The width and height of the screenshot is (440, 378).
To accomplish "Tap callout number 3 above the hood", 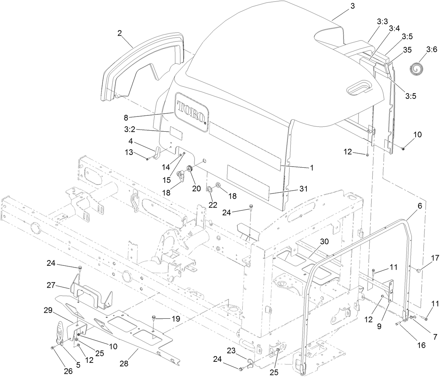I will tap(353, 6).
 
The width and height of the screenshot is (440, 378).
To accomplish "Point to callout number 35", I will tap(407, 50).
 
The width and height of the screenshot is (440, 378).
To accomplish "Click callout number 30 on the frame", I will tap(324, 241).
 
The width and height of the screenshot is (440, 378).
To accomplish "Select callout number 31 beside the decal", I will tap(304, 189).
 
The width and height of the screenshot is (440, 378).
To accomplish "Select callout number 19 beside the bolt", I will tap(175, 319).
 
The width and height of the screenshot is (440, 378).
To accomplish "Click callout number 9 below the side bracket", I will tap(379, 326).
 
